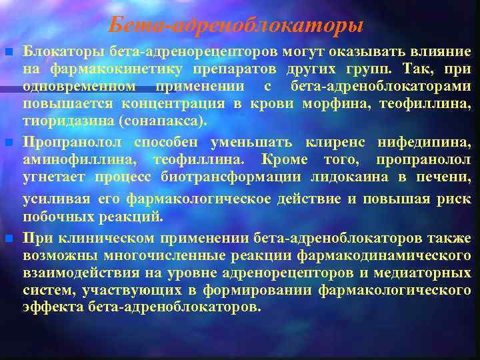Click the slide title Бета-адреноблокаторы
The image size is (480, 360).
pyautogui.click(x=236, y=25)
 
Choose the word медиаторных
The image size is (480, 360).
pyautogui.click(x=423, y=273)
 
